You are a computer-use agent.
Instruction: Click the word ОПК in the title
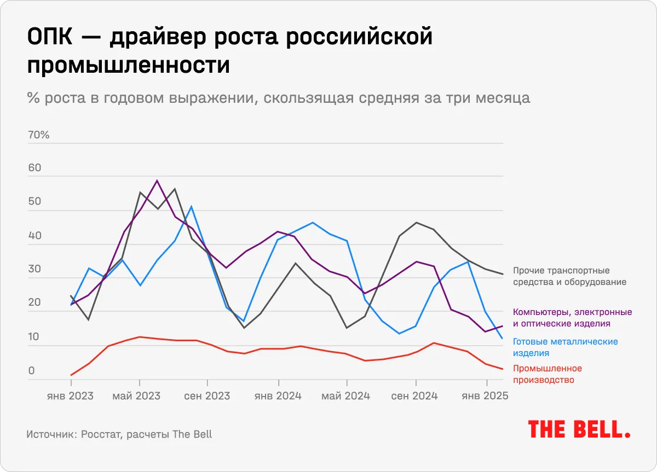[50, 39]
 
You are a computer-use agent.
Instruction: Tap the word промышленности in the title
[128, 66]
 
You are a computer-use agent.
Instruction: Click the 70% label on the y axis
[39, 135]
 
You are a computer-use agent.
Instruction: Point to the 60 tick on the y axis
[34, 168]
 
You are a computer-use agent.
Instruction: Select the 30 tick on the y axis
[34, 270]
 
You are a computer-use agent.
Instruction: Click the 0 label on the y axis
[32, 371]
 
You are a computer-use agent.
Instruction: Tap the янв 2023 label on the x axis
[70, 396]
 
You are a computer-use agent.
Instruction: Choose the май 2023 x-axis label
[136, 396]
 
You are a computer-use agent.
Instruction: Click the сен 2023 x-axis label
[207, 396]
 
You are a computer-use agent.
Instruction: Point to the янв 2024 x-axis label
[278, 396]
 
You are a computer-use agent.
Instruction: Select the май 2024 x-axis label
[346, 396]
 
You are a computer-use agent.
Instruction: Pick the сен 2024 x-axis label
[414, 396]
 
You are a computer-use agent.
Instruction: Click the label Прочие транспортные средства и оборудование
[569, 277]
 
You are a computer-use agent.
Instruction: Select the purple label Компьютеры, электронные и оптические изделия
[572, 318]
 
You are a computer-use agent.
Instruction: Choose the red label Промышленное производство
[547, 374]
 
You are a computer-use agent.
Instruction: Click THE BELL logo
[579, 429]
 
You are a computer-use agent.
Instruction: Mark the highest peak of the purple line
[157, 180]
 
